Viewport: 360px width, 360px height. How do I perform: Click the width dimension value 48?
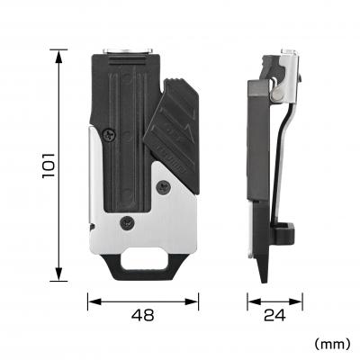(x=142, y=315)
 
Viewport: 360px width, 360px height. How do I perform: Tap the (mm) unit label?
(x=332, y=344)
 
